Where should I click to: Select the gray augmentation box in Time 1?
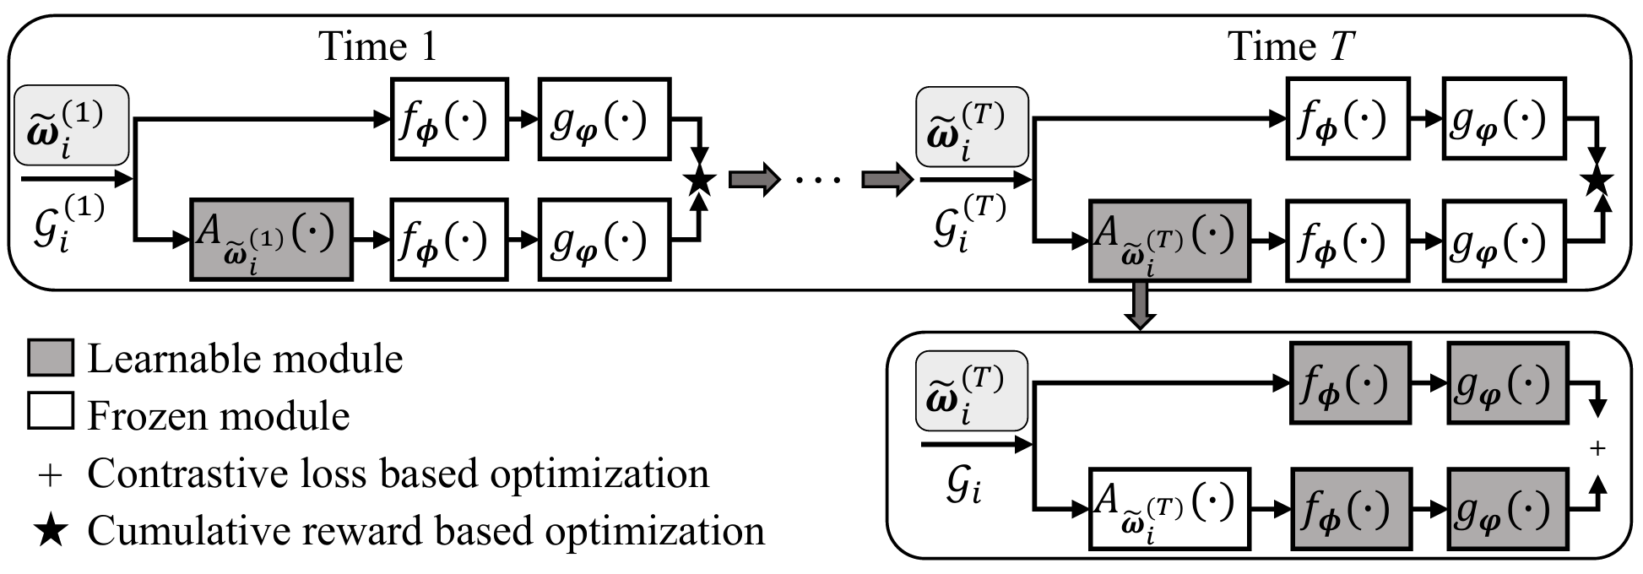tap(270, 240)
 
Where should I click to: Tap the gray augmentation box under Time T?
tap(1169, 240)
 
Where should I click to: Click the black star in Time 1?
tap(700, 180)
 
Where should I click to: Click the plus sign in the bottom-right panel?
tap(1597, 448)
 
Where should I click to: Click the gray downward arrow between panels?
tap(1140, 306)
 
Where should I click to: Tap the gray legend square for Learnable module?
tap(51, 358)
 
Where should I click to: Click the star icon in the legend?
tap(51, 531)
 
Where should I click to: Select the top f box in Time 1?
tap(449, 120)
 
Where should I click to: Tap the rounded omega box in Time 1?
tap(72, 125)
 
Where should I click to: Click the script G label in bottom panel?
tap(962, 488)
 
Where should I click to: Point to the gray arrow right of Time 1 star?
tap(752, 180)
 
